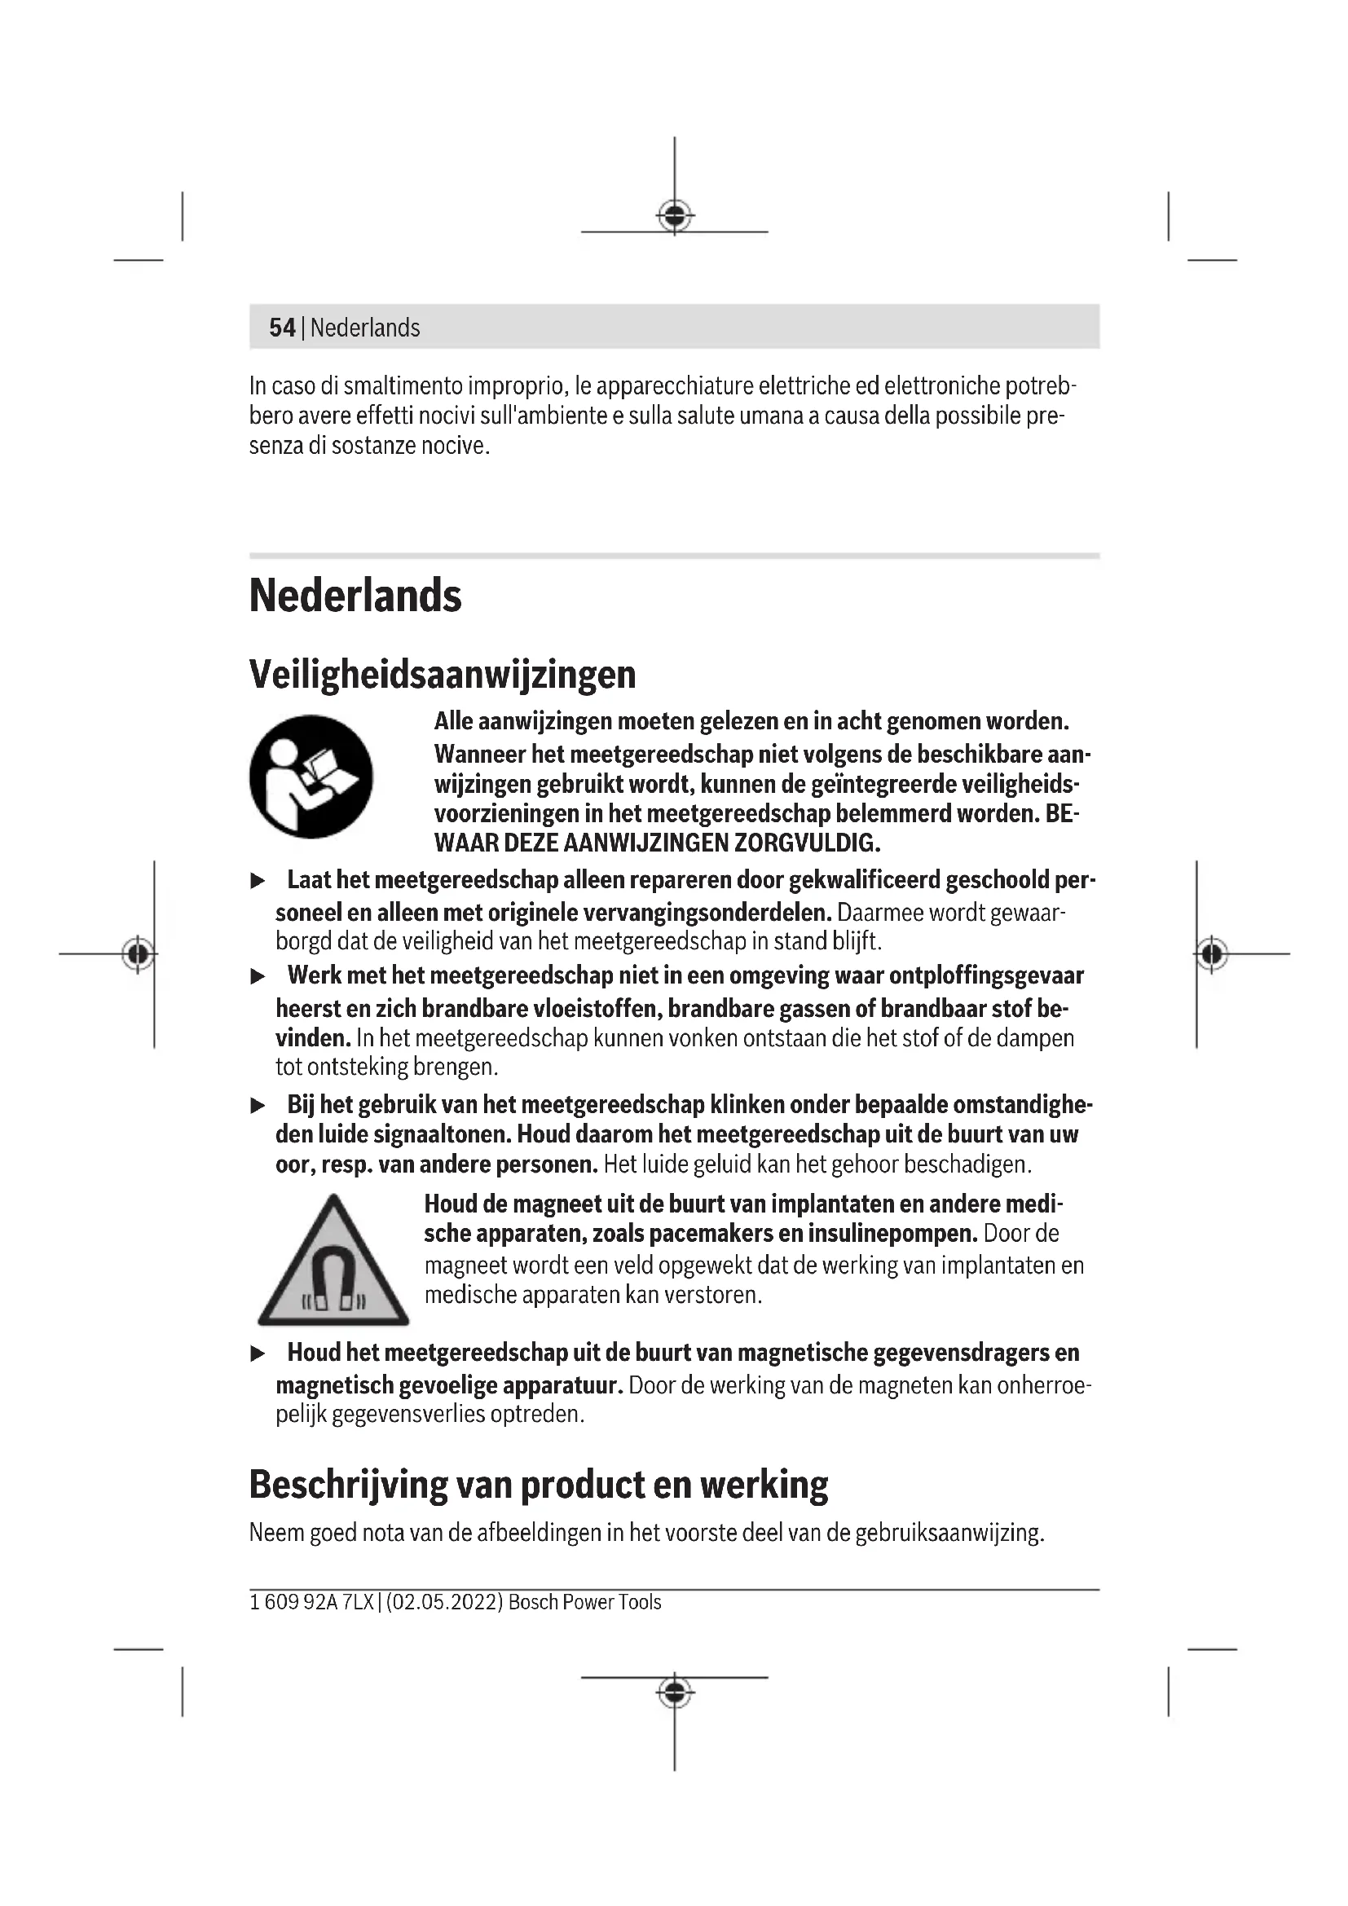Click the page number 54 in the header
click(282, 328)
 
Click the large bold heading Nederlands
click(355, 596)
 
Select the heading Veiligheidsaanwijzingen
click(443, 674)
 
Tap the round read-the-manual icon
click(311, 777)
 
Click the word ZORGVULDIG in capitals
click(806, 843)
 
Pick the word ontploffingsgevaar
click(986, 975)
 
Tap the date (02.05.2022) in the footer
click(445, 1602)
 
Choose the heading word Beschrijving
click(349, 1486)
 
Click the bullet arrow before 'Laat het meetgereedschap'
click(258, 881)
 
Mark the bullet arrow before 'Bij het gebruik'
click(258, 1106)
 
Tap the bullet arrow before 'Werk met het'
click(258, 976)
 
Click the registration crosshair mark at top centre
click(675, 217)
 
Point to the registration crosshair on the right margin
click(1212, 954)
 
